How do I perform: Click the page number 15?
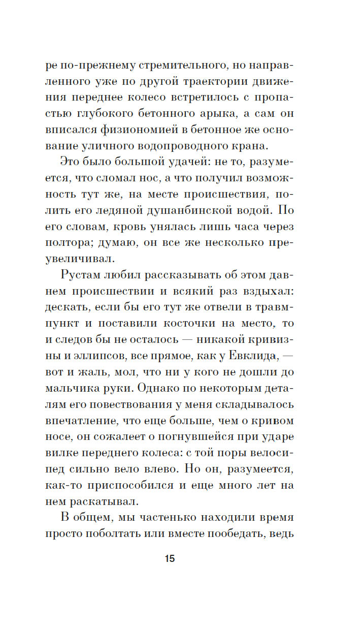pyautogui.click(x=170, y=559)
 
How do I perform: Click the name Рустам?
pyautogui.click(x=84, y=275)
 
